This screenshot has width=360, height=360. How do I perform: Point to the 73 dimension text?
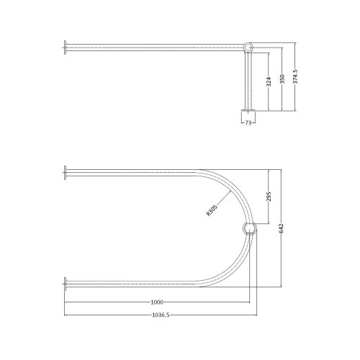249,123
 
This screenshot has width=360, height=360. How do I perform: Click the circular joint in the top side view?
249,49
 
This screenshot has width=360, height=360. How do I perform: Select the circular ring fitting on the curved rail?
249,229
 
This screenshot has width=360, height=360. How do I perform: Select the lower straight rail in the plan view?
130,282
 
